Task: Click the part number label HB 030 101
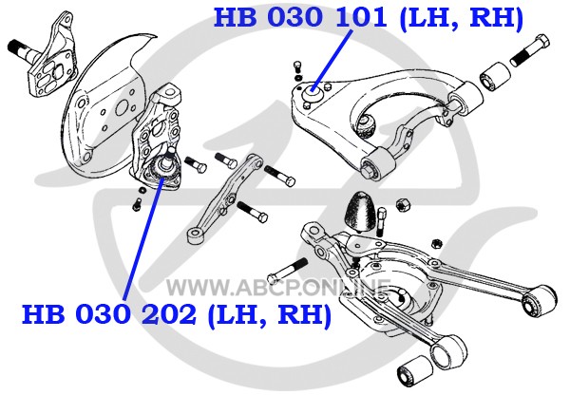pyautogui.click(x=300, y=17)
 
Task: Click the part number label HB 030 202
pyautogui.click(x=108, y=314)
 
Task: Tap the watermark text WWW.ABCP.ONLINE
pyautogui.click(x=278, y=288)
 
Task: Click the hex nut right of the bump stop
pyautogui.click(x=403, y=205)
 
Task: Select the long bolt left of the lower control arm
pyautogui.click(x=287, y=271)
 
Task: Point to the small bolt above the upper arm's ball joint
pyautogui.click(x=297, y=66)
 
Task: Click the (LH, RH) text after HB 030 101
pyautogui.click(x=462, y=19)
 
